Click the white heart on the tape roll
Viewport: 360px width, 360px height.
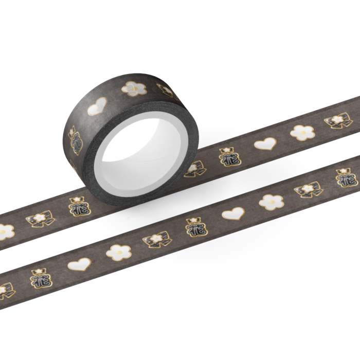click(97, 106)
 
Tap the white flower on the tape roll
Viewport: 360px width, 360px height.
click(134, 88)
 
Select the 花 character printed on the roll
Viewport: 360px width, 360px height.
click(76, 141)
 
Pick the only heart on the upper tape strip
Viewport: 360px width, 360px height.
click(265, 143)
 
